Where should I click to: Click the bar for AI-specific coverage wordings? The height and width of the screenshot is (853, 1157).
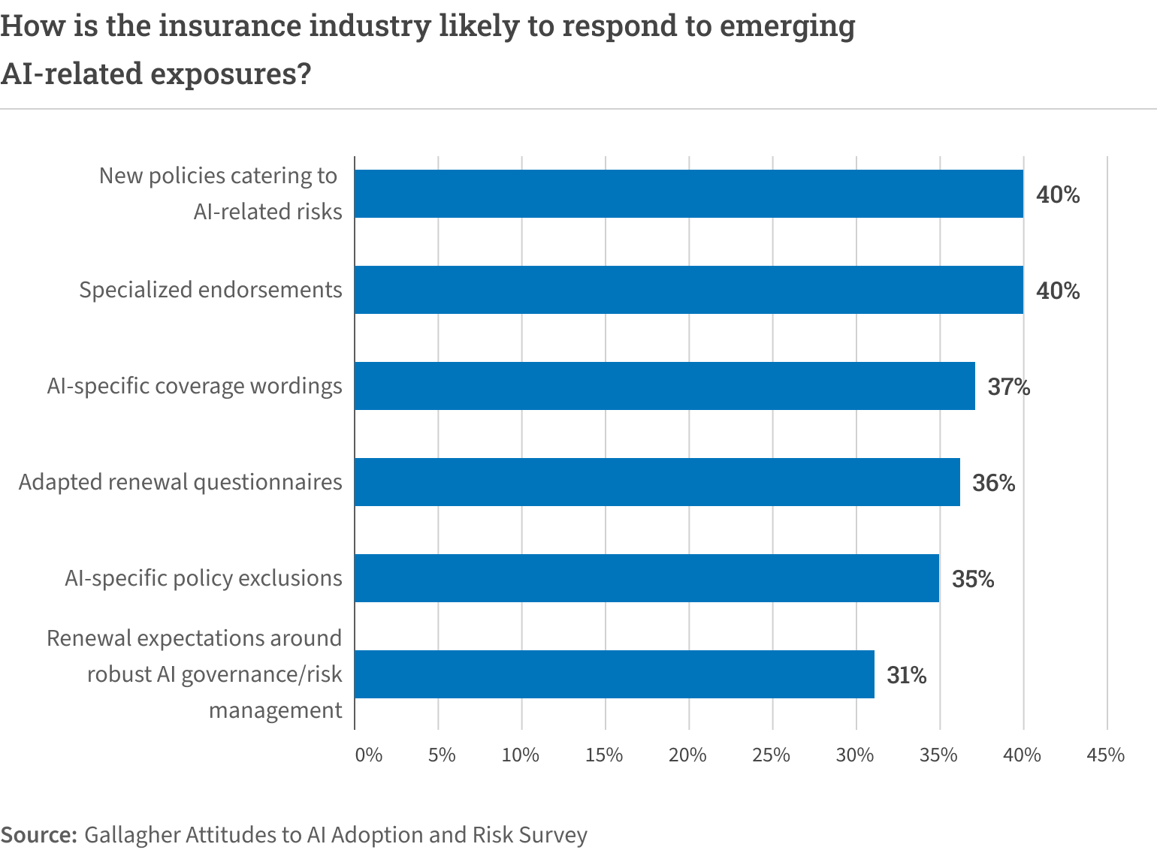664,386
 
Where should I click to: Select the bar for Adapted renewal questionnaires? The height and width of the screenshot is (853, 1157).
657,482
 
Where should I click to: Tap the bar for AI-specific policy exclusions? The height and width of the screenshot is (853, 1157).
646,578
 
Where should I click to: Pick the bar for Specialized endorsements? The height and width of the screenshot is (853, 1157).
688,290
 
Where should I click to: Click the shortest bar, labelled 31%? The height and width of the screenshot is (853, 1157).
614,674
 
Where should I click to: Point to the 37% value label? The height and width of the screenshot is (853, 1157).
1008,387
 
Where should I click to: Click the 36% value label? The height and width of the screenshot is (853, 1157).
993,483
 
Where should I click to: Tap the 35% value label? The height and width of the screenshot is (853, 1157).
973,579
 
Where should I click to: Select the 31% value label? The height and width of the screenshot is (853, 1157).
906,675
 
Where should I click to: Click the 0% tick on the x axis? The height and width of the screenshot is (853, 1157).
368,755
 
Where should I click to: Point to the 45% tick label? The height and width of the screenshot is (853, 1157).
1105,755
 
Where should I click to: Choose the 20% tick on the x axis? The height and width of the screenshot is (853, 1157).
687,755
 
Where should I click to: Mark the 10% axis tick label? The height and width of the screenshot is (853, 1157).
520,755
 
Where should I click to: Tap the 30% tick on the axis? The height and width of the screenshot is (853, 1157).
855,755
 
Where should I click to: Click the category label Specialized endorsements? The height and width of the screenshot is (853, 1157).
210,290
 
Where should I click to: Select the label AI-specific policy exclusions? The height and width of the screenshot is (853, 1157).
203,578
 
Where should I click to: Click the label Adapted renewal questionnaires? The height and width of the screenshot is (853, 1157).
180,482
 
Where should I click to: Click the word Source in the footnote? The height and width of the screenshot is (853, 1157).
38,835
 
